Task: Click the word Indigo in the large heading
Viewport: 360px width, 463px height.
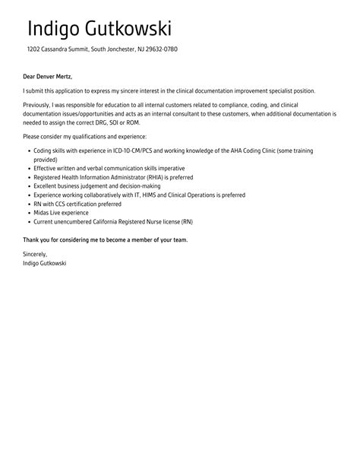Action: pyautogui.click(x=55, y=29)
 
